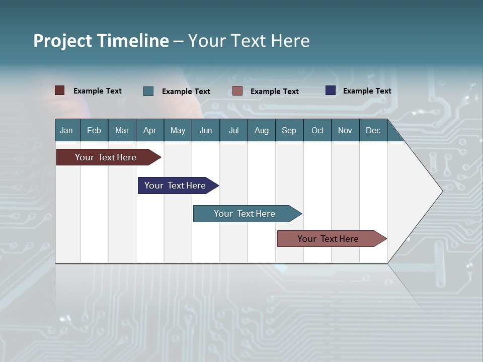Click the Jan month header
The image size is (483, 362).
67,130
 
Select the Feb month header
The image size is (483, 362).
94,130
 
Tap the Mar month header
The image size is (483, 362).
122,130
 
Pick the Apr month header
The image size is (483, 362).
150,130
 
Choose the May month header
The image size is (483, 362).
178,130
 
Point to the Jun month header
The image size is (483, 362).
206,130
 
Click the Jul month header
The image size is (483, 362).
233,130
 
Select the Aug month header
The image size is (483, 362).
262,130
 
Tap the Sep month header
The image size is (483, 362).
289,130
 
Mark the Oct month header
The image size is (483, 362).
317,130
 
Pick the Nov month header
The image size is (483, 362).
345,130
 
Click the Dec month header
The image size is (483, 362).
373,130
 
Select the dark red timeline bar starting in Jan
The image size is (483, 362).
106,157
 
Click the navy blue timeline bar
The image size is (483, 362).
175,186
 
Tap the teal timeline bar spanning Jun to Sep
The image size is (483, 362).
245,214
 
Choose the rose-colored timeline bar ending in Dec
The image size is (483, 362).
328,239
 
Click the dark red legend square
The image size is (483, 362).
60,90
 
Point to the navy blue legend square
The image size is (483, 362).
331,90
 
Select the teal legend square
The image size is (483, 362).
148,91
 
